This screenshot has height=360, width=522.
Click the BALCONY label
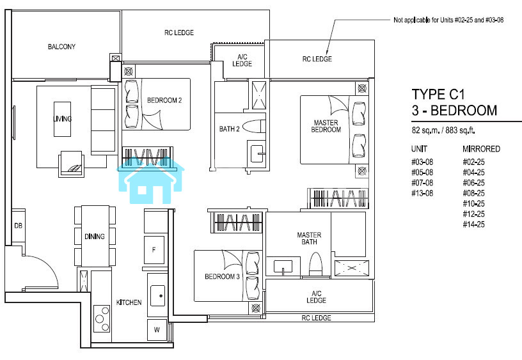coord(61,47)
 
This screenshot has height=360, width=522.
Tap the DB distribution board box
coord(19,226)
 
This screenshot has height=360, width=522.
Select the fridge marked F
coord(154,249)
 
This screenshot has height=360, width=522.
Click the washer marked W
coord(157,330)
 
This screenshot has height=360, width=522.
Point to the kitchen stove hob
coord(102,318)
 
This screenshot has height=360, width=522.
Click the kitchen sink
coord(158,295)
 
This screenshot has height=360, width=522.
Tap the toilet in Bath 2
coord(254,127)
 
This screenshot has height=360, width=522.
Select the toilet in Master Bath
coord(316,264)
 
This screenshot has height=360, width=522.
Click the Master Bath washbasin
coord(283,267)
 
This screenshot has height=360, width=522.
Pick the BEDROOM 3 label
coord(222,276)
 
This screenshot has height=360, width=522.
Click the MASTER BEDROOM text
coord(326,126)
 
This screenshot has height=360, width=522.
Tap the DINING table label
coord(95,237)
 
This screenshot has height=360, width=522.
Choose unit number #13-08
coord(422,193)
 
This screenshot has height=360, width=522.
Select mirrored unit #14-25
coord(474,224)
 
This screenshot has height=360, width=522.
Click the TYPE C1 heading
coord(438,95)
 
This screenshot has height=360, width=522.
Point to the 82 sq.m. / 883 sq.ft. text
coord(443,130)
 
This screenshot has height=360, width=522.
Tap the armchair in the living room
coord(71,164)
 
